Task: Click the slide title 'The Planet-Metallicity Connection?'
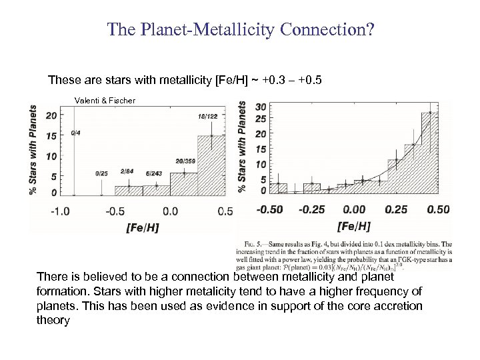click(x=240, y=31)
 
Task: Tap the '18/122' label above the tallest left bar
click(x=207, y=117)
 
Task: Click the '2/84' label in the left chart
click(x=127, y=171)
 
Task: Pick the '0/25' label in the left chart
click(x=101, y=173)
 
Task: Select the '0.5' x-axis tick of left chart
click(x=225, y=211)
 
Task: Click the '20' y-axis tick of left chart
click(x=50, y=115)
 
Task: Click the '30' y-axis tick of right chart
click(x=261, y=106)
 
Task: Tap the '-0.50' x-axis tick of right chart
click(x=270, y=209)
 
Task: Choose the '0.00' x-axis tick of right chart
click(x=353, y=209)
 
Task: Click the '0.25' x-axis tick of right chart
click(x=396, y=209)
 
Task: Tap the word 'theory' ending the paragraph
click(x=54, y=321)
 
